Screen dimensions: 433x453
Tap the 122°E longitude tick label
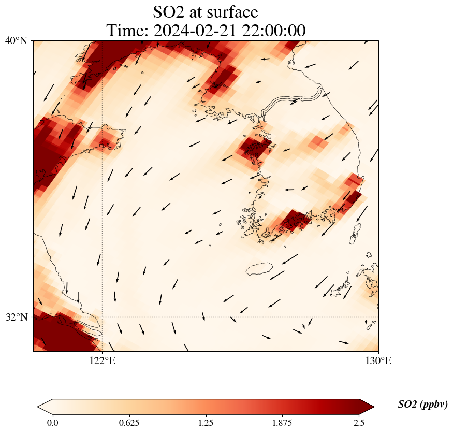pyautogui.click(x=102, y=360)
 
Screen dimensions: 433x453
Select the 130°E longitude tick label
pyautogui.click(x=378, y=360)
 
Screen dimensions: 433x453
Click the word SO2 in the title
pyautogui.click(x=170, y=12)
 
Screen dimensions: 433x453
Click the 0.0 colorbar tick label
pyautogui.click(x=52, y=423)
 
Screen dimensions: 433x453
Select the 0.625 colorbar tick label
pyautogui.click(x=129, y=423)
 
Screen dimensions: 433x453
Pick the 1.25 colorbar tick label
pyautogui.click(x=206, y=423)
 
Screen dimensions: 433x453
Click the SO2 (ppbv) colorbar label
pyautogui.click(x=423, y=405)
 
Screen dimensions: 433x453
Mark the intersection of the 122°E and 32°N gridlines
pyautogui.click(x=102, y=317)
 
